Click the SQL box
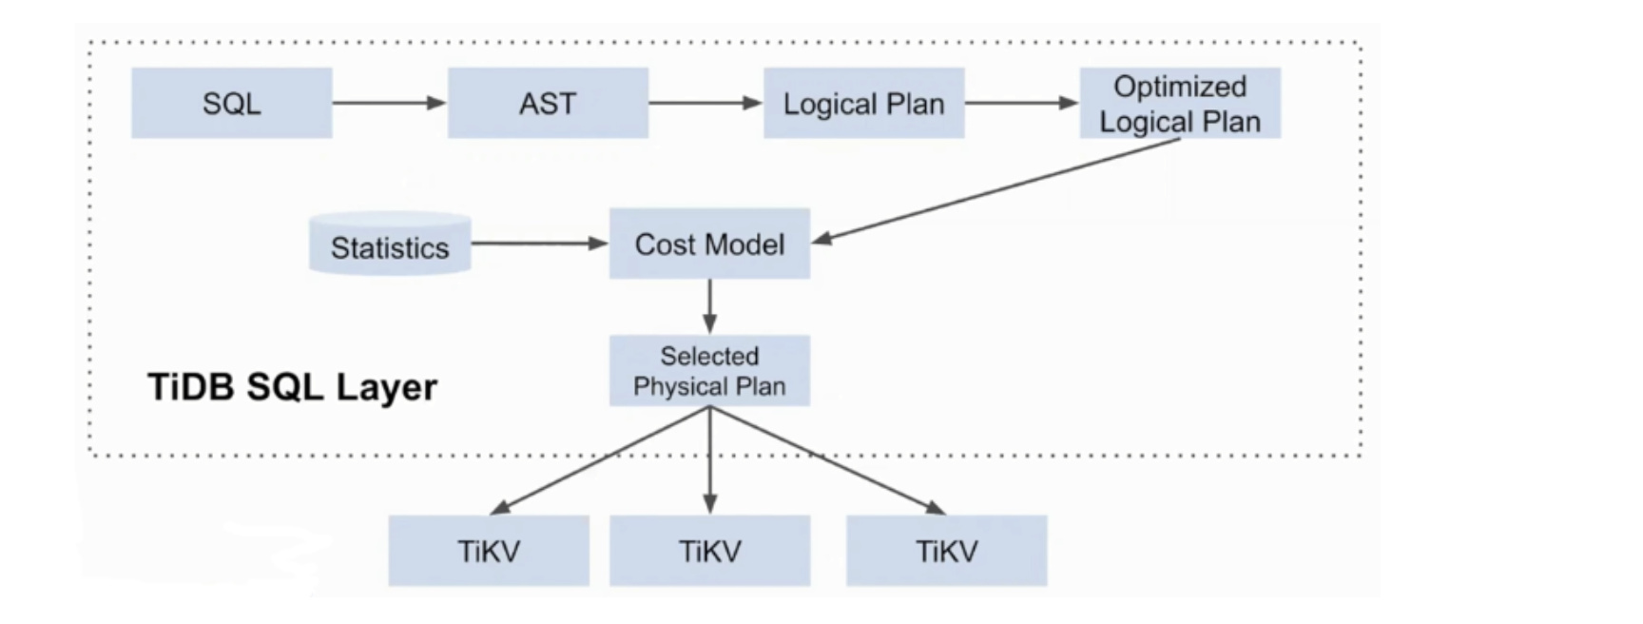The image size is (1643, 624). click(231, 103)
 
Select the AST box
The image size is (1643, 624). click(548, 103)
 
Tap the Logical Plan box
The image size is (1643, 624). click(863, 103)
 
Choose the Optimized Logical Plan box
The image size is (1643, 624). click(1179, 103)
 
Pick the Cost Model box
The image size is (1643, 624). click(709, 244)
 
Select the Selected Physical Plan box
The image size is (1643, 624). click(709, 371)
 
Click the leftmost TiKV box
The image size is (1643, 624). click(489, 551)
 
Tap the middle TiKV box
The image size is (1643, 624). click(709, 551)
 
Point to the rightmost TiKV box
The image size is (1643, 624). click(946, 551)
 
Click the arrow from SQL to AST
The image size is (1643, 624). click(389, 103)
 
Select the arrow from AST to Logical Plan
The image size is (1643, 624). click(706, 103)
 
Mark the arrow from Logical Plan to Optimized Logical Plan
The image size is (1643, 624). click(1021, 103)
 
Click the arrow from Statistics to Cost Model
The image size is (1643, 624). click(539, 244)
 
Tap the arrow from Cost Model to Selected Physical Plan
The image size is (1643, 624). click(709, 306)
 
